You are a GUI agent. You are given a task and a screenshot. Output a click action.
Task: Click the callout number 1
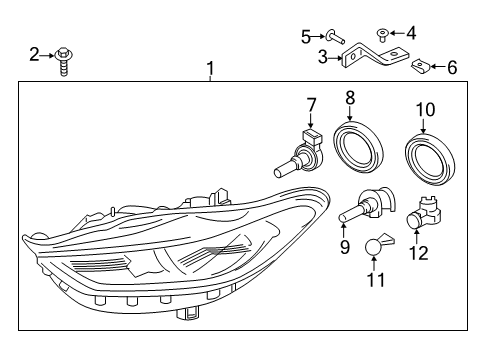(x=210, y=68)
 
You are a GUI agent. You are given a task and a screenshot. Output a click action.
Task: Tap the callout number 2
(x=33, y=53)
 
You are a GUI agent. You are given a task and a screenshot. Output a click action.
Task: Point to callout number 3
(x=323, y=57)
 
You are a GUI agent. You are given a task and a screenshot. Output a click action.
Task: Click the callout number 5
(x=306, y=37)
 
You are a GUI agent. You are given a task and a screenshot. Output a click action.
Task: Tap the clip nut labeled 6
(x=422, y=68)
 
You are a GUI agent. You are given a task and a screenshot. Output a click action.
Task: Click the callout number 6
(x=451, y=68)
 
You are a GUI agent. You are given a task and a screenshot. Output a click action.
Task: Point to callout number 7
(x=311, y=103)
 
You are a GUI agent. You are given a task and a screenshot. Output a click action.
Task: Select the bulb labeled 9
(x=359, y=208)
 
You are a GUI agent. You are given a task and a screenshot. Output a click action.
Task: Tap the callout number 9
(x=345, y=245)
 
